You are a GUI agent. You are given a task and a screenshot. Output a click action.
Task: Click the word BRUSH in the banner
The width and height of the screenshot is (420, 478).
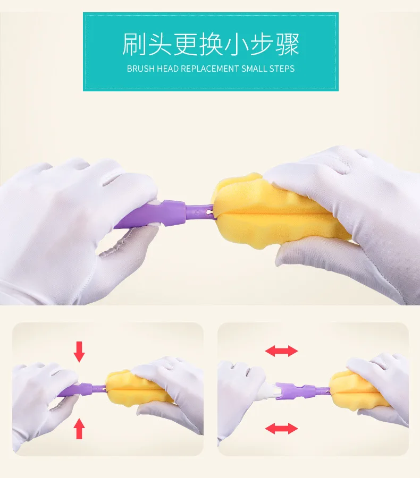tap(141, 69)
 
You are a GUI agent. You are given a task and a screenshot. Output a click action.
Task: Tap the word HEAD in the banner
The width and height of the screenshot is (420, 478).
tap(167, 69)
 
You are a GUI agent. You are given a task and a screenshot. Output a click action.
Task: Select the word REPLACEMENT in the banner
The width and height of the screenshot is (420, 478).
tap(210, 69)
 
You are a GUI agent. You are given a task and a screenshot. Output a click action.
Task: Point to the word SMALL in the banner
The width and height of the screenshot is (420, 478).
tap(254, 69)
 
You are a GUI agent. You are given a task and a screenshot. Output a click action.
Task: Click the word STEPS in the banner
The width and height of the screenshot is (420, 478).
tap(281, 69)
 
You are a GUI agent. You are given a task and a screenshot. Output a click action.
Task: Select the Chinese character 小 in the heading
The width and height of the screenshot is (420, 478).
tap(237, 44)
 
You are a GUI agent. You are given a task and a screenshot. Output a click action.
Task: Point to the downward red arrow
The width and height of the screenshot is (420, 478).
tap(79, 352)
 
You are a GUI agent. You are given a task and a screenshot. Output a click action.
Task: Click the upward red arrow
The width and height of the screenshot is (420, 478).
tap(79, 429)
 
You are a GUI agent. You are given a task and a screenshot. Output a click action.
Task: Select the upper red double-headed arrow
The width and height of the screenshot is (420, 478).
tap(281, 351)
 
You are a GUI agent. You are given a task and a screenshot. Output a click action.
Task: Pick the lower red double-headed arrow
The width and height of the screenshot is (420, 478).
tap(281, 429)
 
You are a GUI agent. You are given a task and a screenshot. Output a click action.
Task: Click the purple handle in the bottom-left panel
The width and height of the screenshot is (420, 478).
tap(82, 390)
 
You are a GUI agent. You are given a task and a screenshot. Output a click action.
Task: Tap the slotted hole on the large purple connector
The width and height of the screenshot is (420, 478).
tap(209, 211)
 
